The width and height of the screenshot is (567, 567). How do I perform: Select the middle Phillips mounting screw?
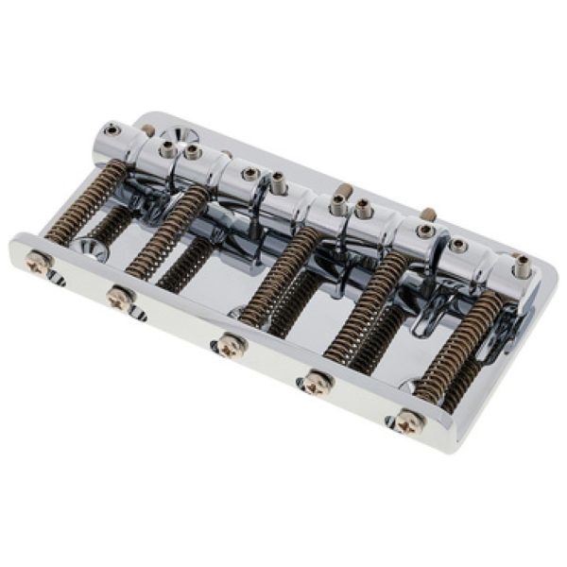[229, 345]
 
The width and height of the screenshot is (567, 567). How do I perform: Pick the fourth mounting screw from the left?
[318, 382]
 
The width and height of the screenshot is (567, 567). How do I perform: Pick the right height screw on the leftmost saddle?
[168, 149]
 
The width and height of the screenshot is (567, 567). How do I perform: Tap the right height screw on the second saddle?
[250, 174]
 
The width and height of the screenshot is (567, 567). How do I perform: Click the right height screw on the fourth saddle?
[425, 230]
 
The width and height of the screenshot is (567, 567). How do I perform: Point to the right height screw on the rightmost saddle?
[521, 267]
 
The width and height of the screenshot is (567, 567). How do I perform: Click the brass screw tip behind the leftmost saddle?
[148, 129]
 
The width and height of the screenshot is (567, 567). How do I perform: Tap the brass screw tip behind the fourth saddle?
[428, 215]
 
